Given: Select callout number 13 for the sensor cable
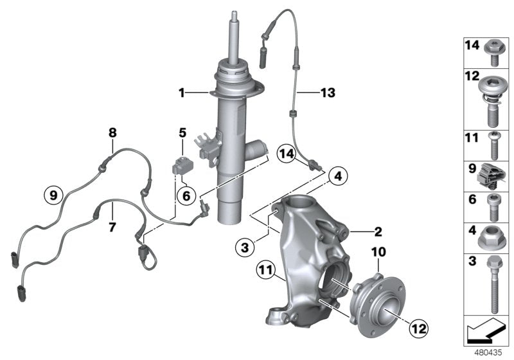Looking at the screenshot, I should (327, 93).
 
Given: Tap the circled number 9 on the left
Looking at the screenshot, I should (53, 192).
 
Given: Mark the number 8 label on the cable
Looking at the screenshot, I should (112, 133).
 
